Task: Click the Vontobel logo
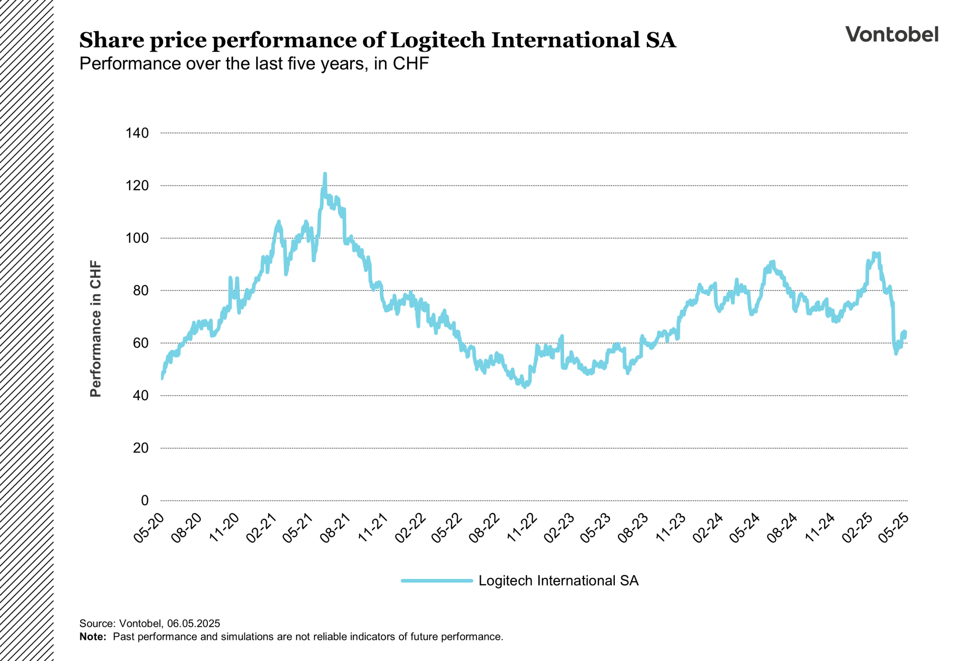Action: (892, 34)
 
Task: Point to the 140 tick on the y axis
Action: (137, 133)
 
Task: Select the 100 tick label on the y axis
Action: (137, 238)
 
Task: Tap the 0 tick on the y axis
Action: (145, 500)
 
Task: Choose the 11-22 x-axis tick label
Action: (522, 527)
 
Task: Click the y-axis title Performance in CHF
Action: (96, 329)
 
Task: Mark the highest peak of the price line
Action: (325, 174)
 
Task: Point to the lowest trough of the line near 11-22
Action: (525, 387)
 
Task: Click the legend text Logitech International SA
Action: (558, 580)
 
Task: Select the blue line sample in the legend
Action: (437, 580)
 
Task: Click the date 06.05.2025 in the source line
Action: (194, 623)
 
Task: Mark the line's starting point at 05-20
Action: (162, 378)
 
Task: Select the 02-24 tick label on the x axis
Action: (708, 527)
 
